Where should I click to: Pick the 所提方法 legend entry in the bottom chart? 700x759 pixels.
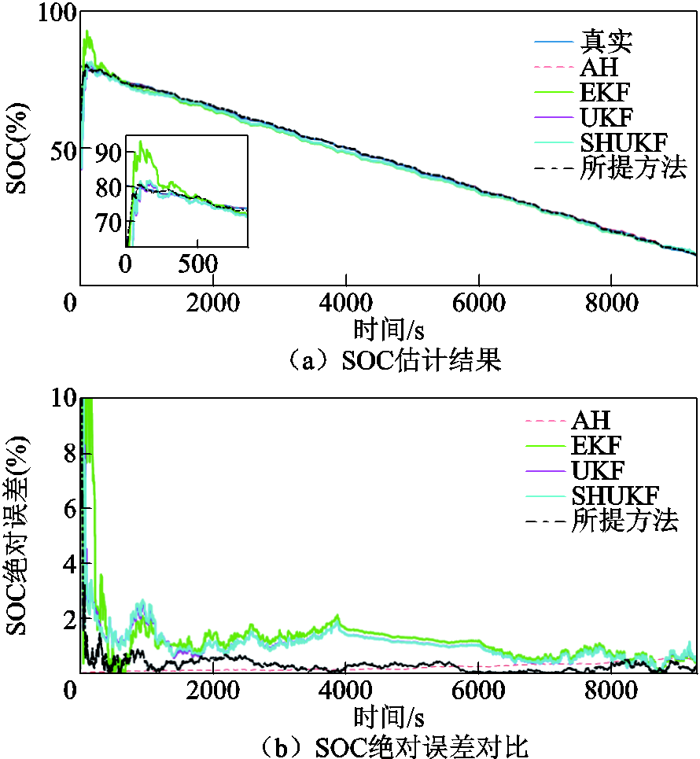(624, 520)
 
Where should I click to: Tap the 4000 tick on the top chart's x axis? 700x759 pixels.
(345, 304)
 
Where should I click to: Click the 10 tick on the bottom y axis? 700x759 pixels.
(65, 399)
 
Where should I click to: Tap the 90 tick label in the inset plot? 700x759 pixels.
(109, 152)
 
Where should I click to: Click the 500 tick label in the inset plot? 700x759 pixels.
(197, 262)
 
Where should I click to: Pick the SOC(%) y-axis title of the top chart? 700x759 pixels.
(17, 149)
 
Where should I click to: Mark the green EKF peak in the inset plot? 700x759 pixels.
(141, 142)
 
